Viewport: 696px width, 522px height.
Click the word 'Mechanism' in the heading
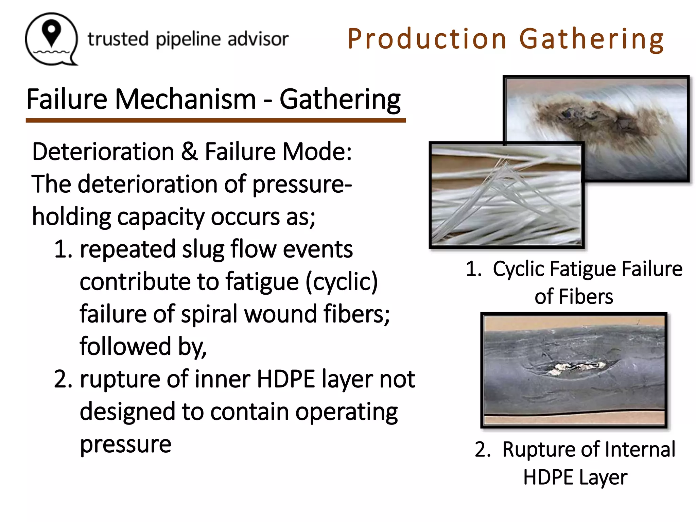185,99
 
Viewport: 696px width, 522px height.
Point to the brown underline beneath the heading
216,121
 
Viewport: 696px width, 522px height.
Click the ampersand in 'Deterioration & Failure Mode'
189,152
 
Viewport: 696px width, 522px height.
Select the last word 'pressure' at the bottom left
125,444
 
